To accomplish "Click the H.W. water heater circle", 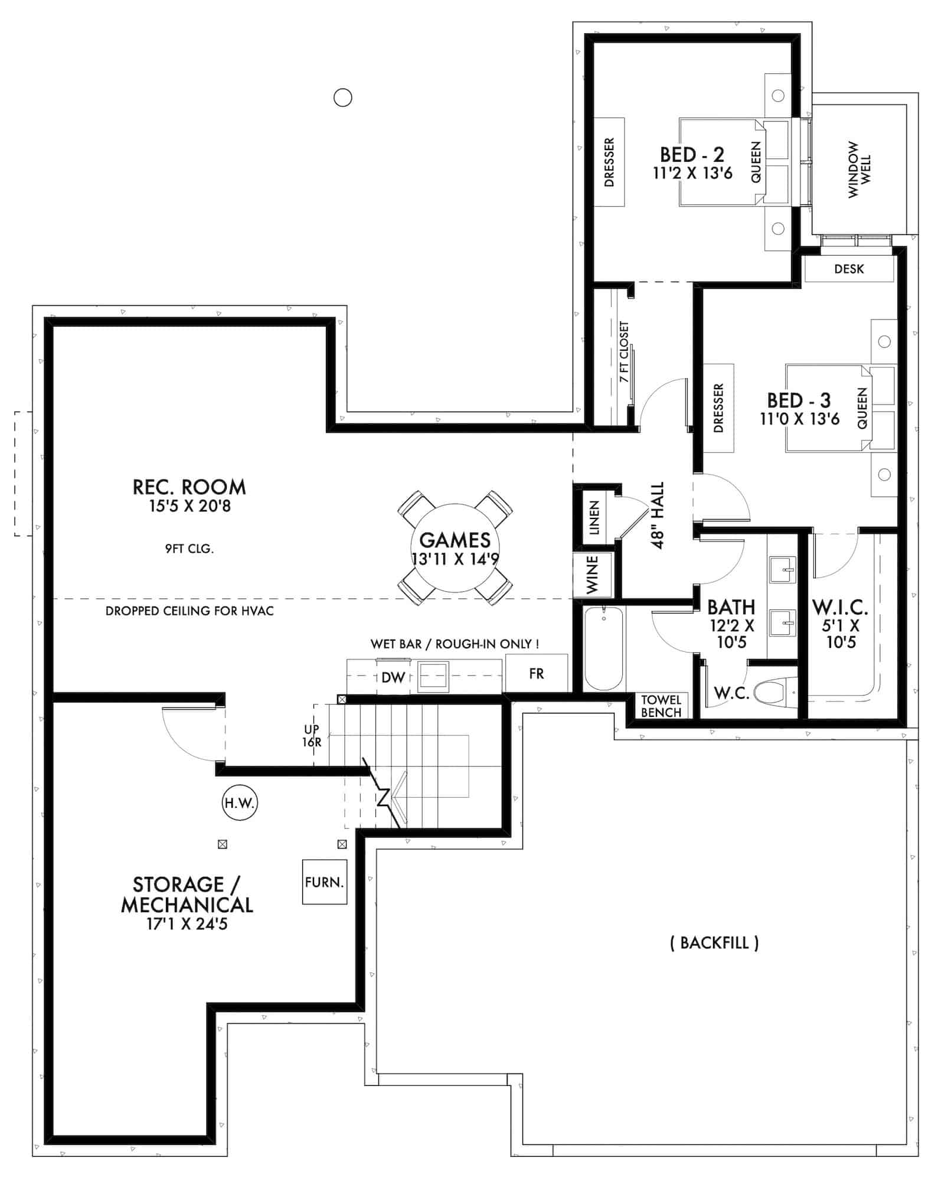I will click(x=240, y=802).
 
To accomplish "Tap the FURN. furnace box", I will click(x=324, y=882).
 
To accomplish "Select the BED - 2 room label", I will click(x=692, y=155).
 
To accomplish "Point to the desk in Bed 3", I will click(x=849, y=269).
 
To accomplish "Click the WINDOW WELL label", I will click(x=859, y=169).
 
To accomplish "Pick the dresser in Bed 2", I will click(x=609, y=162).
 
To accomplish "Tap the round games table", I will click(x=455, y=547).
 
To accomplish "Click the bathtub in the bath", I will click(x=603, y=648).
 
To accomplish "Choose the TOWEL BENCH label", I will click(x=661, y=706).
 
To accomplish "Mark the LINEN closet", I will click(x=594, y=518).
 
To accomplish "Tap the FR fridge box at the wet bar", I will click(x=536, y=673).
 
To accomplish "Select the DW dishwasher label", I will click(x=393, y=678).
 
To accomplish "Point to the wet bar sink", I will click(x=433, y=677).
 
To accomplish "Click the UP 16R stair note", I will click(x=312, y=736).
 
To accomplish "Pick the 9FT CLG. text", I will click(x=189, y=549).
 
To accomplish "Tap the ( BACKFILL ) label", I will click(x=714, y=942).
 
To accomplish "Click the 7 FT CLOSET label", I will click(x=624, y=351).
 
